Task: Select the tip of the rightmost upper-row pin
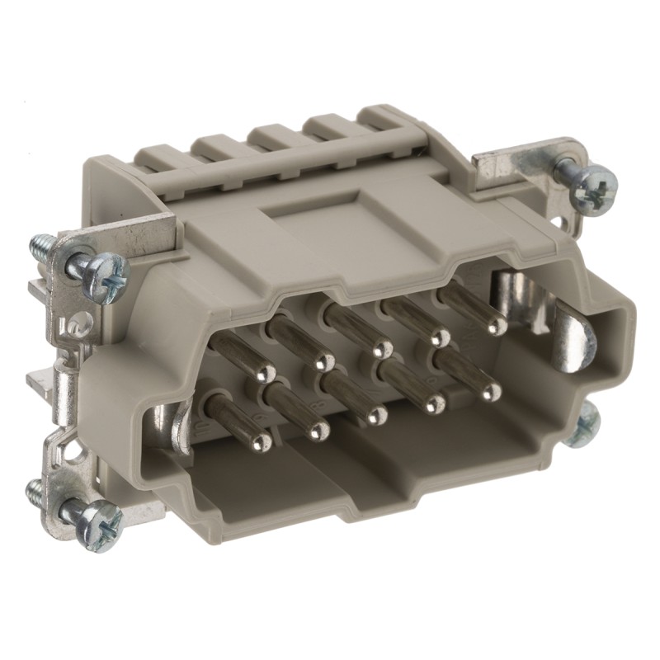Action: [x=496, y=326]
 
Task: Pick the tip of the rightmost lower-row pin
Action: [x=491, y=391]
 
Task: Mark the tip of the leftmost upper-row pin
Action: [x=266, y=376]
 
